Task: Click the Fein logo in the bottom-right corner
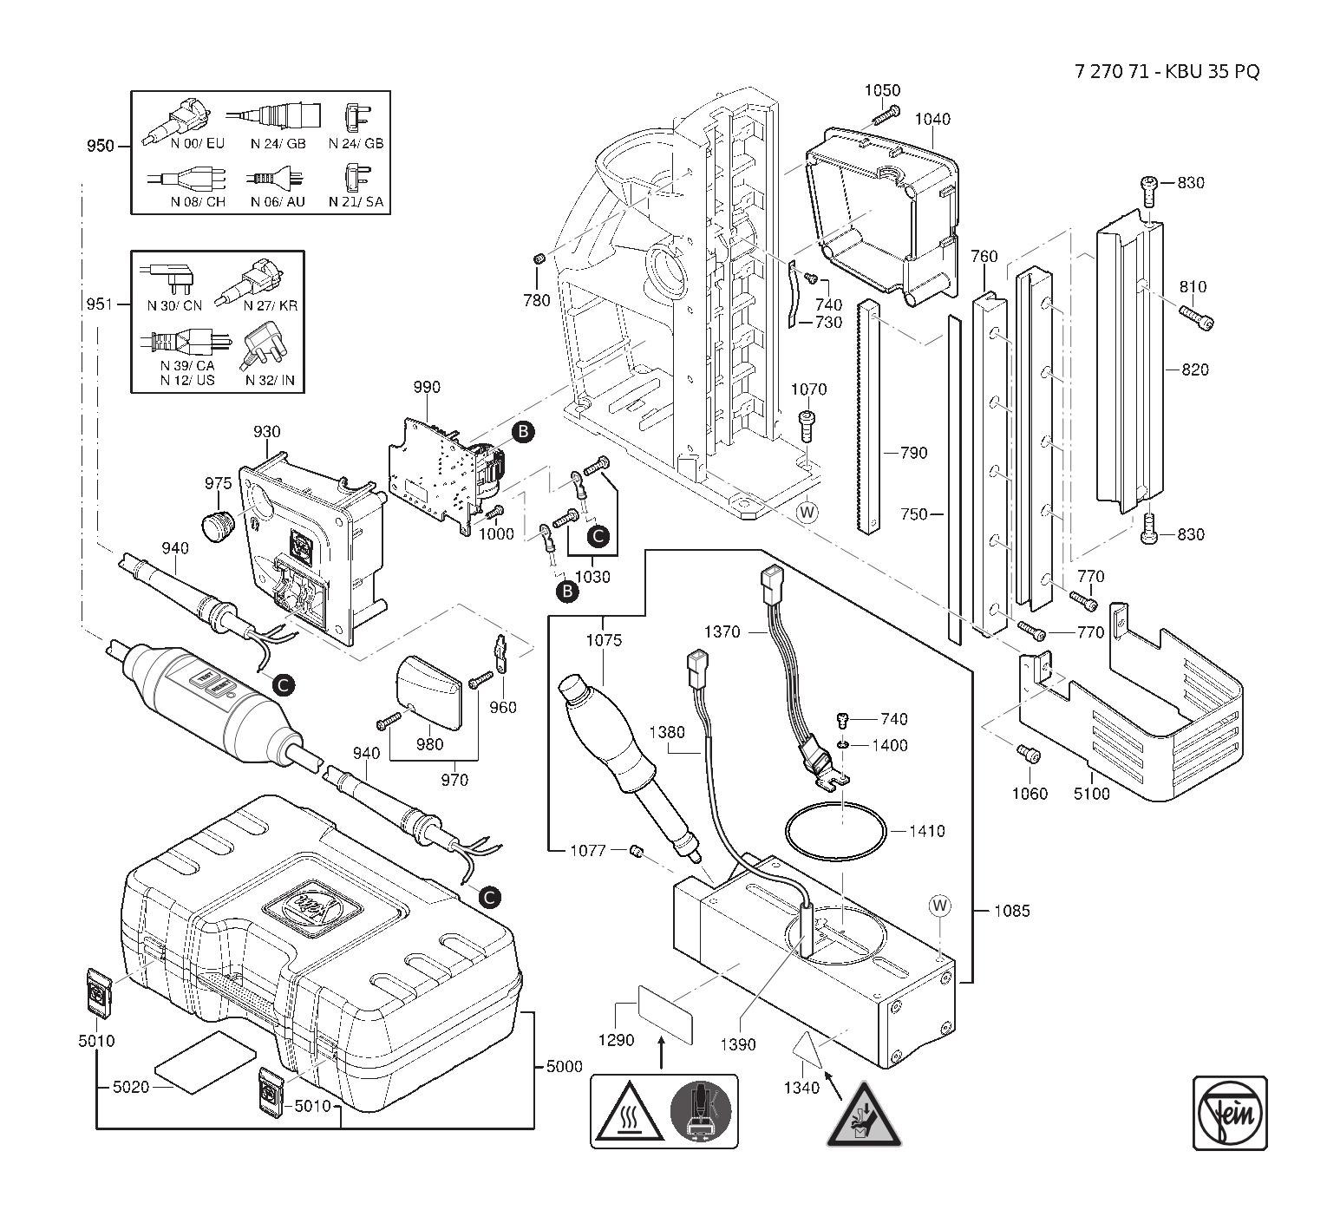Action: [1229, 1113]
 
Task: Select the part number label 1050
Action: [882, 91]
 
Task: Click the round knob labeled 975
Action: [217, 525]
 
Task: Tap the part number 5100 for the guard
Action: [1091, 793]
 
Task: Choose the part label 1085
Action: [1011, 911]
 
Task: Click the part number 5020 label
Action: [131, 1086]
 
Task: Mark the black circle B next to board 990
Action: [523, 431]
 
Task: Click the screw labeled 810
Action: [1197, 317]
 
